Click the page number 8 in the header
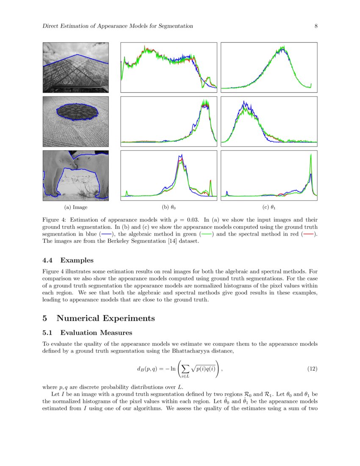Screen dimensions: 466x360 pos(316,26)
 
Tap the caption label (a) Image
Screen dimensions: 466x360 pos(76,208)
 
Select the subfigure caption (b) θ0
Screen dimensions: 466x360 pos(169,208)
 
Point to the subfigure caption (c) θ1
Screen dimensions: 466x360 pos(269,208)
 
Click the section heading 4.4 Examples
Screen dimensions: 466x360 pos(68,260)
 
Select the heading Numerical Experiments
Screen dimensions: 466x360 pos(105,318)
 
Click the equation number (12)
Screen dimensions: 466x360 pos(312,369)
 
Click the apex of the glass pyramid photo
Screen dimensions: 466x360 pos(77,55)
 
